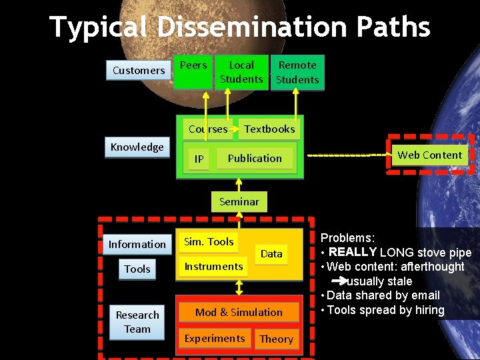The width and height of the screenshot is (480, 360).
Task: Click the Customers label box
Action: tap(139, 70)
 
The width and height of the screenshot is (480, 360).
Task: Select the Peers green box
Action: tap(193, 71)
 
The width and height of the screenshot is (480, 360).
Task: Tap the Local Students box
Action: tap(241, 72)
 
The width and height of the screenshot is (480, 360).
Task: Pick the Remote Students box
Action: tap(297, 72)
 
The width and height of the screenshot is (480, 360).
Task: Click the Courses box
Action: tap(208, 129)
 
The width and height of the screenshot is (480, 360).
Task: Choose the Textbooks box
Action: tap(269, 129)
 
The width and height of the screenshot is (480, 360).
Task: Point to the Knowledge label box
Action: tap(137, 147)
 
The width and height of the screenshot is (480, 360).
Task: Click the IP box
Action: tap(199, 159)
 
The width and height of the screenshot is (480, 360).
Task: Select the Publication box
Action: tap(255, 159)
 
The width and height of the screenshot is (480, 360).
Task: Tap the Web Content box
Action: tap(429, 155)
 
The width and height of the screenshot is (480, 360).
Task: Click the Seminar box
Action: tap(239, 201)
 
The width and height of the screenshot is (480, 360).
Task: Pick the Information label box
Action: tap(137, 245)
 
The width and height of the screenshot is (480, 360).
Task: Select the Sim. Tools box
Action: tap(209, 242)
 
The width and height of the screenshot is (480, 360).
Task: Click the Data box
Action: tap(271, 254)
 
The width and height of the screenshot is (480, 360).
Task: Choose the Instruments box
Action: tap(213, 267)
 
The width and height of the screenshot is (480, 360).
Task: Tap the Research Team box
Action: tap(137, 322)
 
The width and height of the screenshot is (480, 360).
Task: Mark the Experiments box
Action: tap(215, 339)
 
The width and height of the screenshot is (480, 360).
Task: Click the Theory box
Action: tap(276, 339)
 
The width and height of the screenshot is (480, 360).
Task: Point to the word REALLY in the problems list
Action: tap(353, 252)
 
